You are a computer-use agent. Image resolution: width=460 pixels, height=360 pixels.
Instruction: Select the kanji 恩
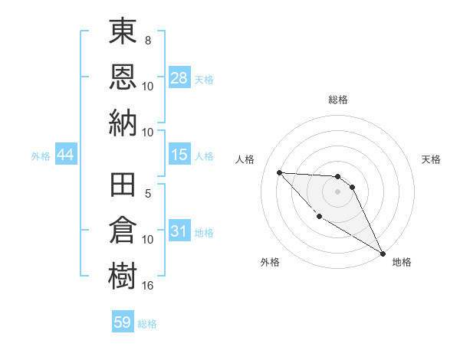[x=123, y=77]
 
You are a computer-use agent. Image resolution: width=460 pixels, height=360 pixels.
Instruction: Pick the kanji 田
[x=123, y=186]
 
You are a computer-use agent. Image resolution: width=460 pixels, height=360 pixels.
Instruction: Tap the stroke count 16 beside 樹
[x=148, y=285]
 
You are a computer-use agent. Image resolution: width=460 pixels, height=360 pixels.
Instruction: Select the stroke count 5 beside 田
[x=148, y=194]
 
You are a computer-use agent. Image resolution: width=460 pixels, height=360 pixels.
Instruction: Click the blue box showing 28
[x=179, y=78]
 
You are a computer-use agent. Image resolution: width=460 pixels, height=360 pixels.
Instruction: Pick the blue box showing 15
[x=179, y=155]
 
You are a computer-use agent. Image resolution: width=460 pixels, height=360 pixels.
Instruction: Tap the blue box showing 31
[x=179, y=231]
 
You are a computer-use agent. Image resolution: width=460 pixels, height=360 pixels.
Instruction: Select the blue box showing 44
[x=65, y=155]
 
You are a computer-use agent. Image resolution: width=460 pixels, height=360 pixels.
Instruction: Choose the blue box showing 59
[x=123, y=322]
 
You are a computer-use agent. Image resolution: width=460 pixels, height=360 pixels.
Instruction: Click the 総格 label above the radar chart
[x=337, y=100]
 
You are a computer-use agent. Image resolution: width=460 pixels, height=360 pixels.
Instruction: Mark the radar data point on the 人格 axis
[x=279, y=172]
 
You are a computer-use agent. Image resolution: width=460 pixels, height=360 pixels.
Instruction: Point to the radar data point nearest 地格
[x=383, y=254]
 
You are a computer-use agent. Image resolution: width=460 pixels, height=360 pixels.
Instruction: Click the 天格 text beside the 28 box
[x=204, y=80]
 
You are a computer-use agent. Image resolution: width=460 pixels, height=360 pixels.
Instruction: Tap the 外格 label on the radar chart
[x=270, y=262]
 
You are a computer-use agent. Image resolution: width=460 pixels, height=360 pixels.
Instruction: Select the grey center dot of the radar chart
[x=337, y=191]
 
